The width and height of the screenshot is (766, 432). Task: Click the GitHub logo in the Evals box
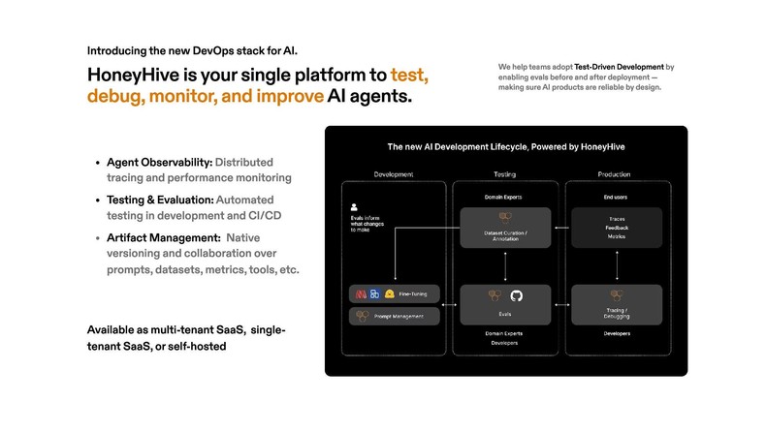coord(516,294)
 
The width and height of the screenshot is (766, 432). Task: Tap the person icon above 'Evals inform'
coord(356,206)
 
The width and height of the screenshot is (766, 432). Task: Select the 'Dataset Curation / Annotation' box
coord(504,227)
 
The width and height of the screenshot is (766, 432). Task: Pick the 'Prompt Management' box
coord(394,316)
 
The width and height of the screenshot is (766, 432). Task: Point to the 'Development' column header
coord(394,174)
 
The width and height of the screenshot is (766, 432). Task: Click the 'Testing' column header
coord(504,174)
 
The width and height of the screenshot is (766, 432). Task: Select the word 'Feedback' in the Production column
coord(617,227)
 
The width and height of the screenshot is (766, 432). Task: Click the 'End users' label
coord(617,197)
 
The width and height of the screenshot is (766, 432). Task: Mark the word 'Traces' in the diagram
coord(617,218)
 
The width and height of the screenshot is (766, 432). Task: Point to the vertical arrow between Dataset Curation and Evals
coord(504,264)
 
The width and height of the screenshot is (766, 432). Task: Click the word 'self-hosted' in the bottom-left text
coord(198,346)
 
